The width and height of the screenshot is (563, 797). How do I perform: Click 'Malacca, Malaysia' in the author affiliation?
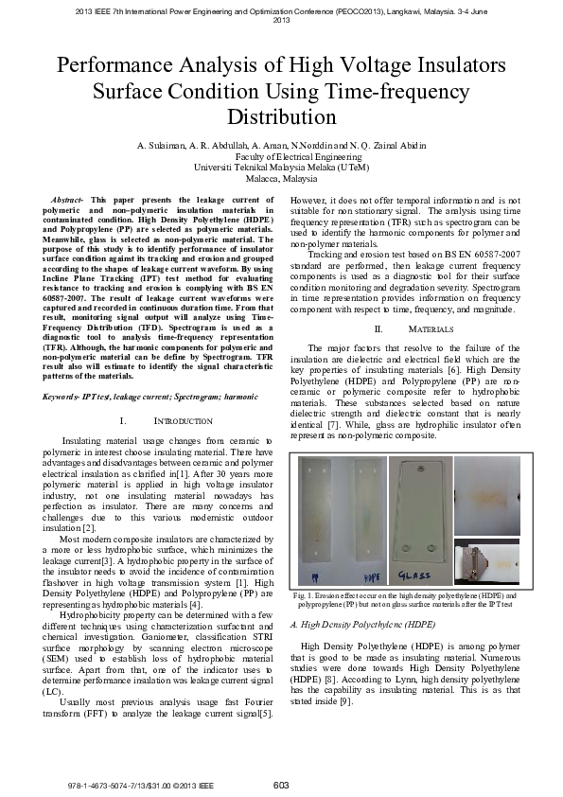tap(281, 178)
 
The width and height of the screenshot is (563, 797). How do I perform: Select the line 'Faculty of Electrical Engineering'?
tap(281, 156)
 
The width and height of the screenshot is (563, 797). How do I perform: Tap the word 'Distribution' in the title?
tap(281, 117)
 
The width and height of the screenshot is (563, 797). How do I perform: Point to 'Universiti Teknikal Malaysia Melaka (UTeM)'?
tap(281, 167)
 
